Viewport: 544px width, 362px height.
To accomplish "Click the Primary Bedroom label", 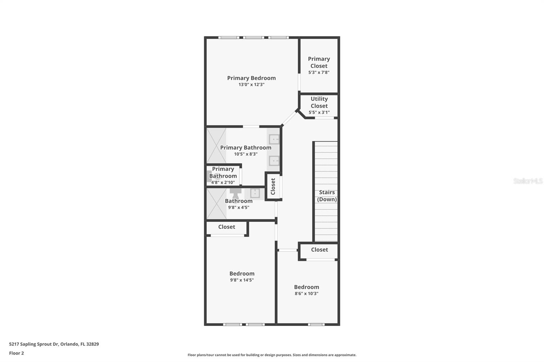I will point(251,78).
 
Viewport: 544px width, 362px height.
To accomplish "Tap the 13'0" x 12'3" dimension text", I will point(251,85).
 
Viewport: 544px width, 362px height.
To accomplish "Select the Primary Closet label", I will point(319,62).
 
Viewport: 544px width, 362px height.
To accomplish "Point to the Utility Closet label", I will point(319,102).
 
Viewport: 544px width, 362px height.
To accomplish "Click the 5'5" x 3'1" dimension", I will point(319,112).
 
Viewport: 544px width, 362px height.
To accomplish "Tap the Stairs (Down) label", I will point(327,196).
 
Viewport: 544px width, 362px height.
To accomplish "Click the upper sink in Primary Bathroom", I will point(274,139).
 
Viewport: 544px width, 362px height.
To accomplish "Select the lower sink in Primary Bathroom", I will point(274,161).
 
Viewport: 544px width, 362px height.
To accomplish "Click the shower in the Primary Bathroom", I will point(216,145).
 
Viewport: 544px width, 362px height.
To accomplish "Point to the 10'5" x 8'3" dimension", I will point(245,154).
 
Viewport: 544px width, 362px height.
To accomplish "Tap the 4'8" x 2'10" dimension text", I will point(223,182).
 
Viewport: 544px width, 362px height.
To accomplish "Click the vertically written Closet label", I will point(273,186).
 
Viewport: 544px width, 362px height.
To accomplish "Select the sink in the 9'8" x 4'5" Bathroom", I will point(255,193).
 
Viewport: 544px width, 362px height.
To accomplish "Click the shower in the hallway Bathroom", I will point(216,204).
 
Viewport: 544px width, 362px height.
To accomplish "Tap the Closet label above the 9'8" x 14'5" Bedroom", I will point(226,227).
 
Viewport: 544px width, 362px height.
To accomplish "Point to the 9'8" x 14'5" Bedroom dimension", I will point(242,280).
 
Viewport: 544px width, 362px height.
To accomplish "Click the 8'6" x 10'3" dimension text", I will point(306,294).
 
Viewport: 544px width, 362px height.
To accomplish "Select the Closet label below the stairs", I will point(319,250).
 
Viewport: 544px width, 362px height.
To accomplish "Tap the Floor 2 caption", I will point(16,353).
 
